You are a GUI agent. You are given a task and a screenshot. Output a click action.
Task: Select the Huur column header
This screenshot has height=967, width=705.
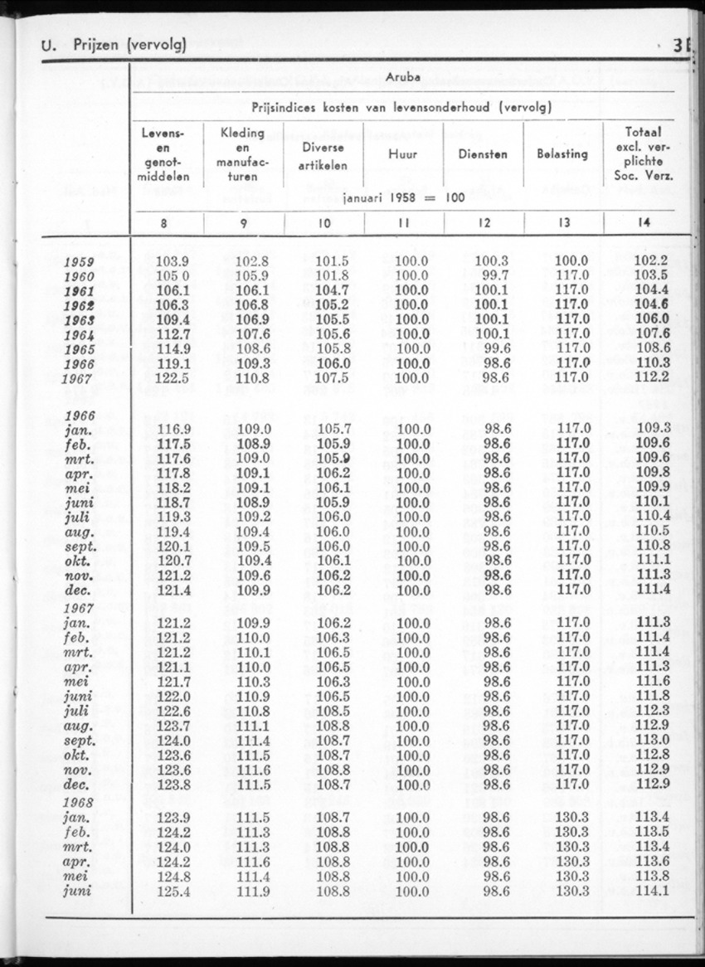403,153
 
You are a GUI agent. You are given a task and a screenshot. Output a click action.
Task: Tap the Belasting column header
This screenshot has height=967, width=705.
562,153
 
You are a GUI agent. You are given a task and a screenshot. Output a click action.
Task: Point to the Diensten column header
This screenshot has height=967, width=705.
483,153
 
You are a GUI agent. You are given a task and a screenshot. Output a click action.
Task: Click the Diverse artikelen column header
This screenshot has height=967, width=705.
323,153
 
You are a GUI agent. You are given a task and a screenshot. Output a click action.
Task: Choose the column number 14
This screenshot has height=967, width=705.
644,222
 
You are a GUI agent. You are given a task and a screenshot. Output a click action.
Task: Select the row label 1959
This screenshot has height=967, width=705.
79,262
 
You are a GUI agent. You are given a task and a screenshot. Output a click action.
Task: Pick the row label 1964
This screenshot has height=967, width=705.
79,335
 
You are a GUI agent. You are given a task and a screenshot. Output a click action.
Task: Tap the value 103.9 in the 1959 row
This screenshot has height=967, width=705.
173,261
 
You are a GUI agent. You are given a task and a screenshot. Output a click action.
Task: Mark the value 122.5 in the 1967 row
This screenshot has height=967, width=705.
173,378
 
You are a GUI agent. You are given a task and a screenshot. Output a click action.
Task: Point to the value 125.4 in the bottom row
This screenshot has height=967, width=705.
173,892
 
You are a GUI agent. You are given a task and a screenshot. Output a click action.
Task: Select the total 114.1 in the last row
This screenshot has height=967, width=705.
651,892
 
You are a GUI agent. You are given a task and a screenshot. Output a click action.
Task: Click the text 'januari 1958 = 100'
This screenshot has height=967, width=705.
403,199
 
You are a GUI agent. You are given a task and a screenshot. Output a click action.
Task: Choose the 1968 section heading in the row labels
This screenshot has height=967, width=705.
79,803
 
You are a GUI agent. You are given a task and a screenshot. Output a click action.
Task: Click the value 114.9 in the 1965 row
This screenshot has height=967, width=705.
173,349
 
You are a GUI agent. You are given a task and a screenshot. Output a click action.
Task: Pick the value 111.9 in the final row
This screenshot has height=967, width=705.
253,892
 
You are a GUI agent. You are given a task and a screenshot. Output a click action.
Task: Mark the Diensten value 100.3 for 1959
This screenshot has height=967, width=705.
491,261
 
